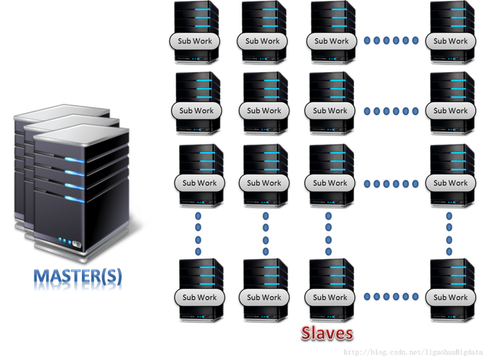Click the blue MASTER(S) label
click(78, 279)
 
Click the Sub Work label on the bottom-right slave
click(450, 297)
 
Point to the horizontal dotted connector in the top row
click(391, 42)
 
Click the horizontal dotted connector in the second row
click(391, 111)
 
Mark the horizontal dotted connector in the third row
click(391, 184)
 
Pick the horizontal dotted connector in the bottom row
click(391, 297)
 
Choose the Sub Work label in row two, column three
click(330, 111)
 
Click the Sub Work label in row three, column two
click(264, 184)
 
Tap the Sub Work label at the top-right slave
click(450, 42)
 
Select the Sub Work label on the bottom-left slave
click(198, 297)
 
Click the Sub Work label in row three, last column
click(450, 184)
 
